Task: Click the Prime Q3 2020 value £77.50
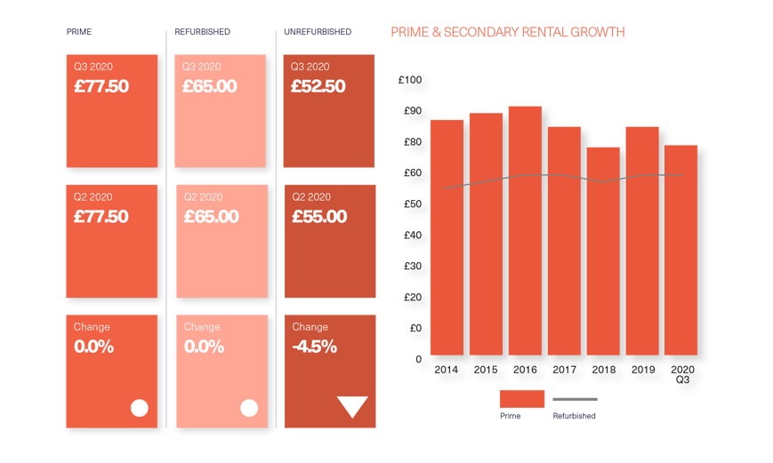(x=101, y=87)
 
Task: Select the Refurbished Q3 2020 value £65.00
(x=210, y=87)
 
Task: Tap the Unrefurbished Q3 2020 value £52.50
(x=318, y=87)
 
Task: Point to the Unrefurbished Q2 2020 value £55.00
(x=318, y=217)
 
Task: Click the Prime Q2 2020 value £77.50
(x=101, y=217)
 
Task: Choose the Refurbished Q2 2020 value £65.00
(x=210, y=217)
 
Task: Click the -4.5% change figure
(x=314, y=347)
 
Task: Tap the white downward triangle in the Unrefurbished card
(x=352, y=406)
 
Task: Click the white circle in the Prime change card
(x=139, y=408)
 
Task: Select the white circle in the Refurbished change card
(x=249, y=408)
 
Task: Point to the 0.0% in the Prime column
(x=94, y=347)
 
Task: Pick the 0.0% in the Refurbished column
(x=204, y=347)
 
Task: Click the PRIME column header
(x=79, y=32)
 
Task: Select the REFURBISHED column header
(x=202, y=32)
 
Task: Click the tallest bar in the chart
(x=525, y=231)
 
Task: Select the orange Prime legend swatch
(x=521, y=398)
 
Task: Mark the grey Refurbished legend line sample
(x=575, y=399)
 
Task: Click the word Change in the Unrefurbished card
(x=310, y=327)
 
